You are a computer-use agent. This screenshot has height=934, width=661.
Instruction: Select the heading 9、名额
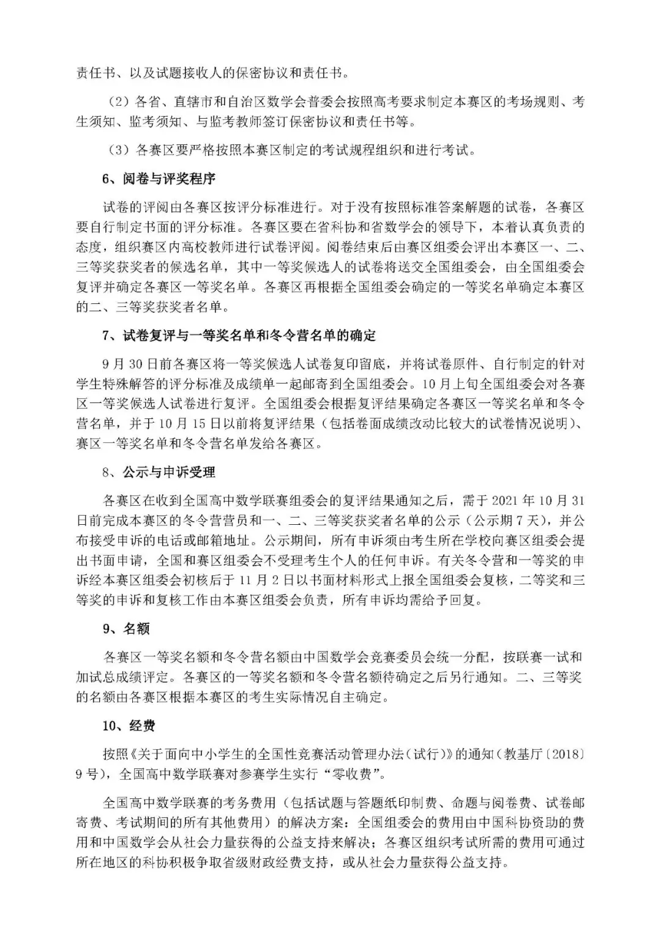pos(126,629)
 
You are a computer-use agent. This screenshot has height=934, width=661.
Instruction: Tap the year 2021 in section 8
pos(510,501)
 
